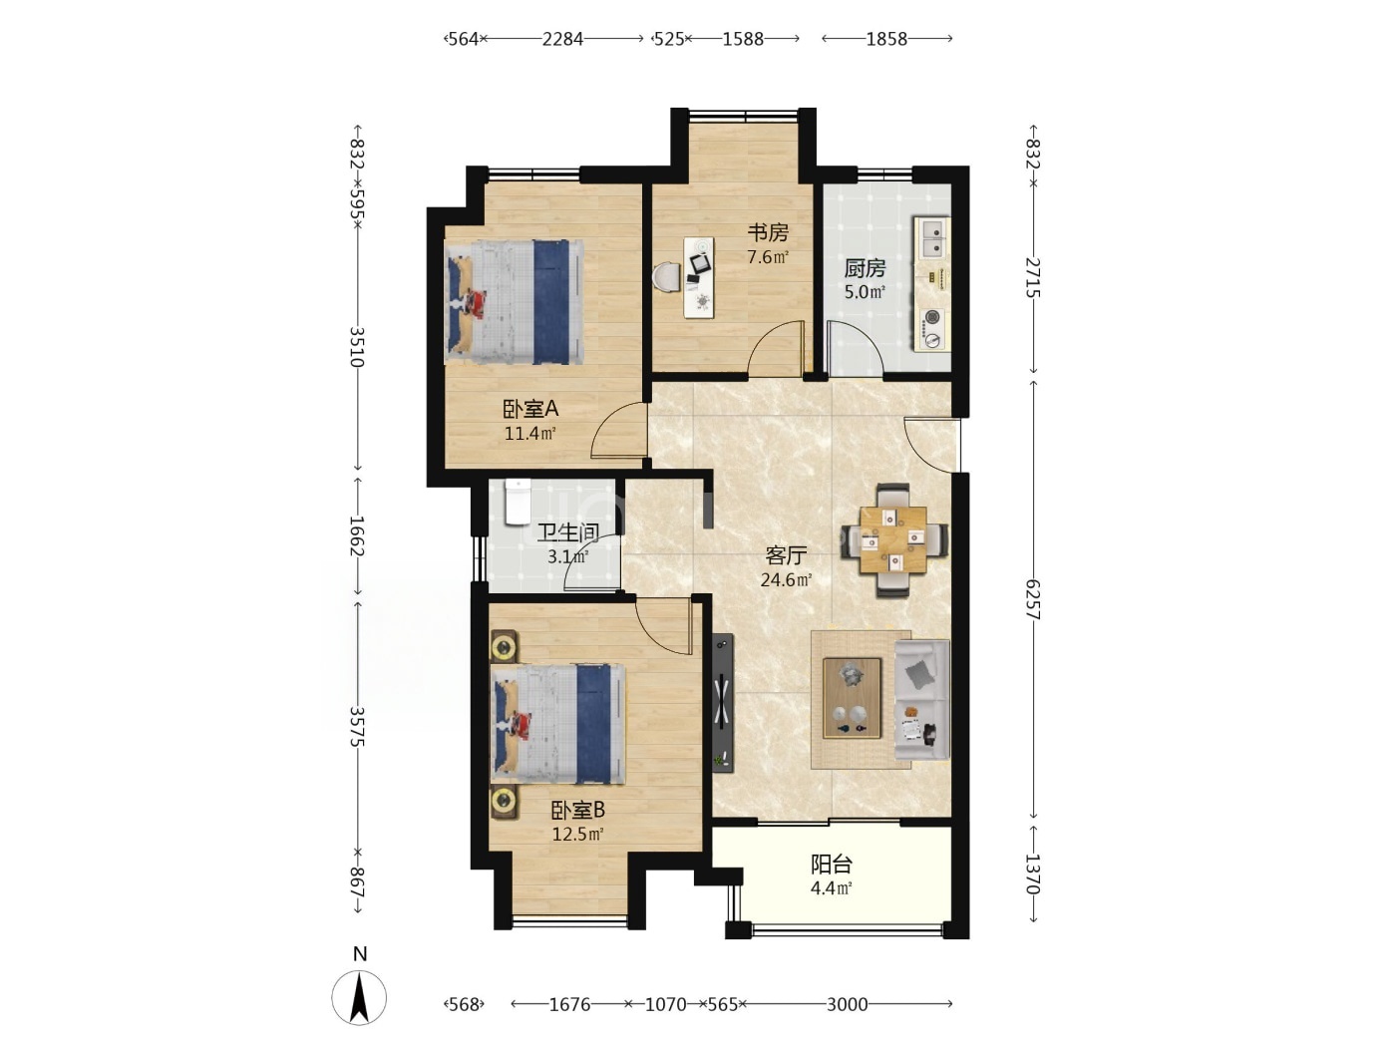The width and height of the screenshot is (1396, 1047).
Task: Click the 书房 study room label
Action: [768, 232]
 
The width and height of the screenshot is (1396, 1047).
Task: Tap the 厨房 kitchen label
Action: [865, 269]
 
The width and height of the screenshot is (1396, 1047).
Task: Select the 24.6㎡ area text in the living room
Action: [787, 579]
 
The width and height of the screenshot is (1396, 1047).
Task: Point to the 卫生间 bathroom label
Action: [568, 532]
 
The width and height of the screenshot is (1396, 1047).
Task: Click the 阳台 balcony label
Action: [832, 865]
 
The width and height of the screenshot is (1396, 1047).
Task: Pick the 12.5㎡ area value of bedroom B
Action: [577, 834]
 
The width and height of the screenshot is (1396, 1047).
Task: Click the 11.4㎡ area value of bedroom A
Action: [530, 434]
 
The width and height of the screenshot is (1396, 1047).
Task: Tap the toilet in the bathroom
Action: [518, 503]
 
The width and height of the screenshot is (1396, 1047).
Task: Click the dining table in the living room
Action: [892, 540]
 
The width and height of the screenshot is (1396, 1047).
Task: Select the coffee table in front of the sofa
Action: [852, 698]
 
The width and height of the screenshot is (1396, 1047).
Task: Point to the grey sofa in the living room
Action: [922, 700]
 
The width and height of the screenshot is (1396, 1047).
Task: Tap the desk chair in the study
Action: [666, 278]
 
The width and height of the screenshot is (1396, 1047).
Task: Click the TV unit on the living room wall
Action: [723, 703]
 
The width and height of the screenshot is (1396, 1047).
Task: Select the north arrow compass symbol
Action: [359, 998]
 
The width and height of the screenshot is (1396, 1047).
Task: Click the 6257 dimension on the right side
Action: [1033, 599]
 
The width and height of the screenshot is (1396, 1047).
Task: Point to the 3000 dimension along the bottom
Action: [848, 1004]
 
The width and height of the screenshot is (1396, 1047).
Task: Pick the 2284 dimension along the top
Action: [562, 40]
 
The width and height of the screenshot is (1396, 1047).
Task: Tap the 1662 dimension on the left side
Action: [357, 535]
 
